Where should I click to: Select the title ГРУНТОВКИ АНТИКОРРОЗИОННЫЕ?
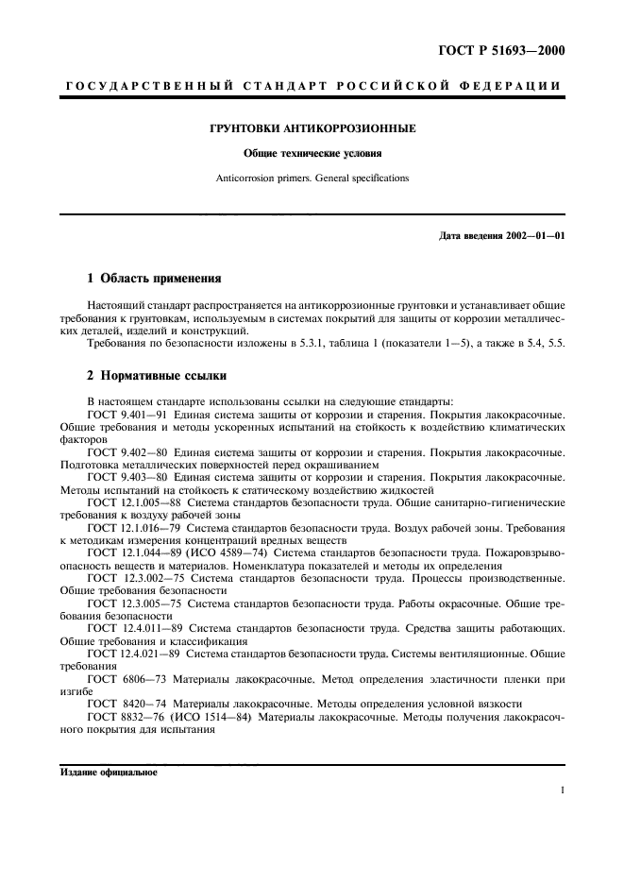[x=312, y=127]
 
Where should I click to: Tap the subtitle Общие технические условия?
[x=312, y=152]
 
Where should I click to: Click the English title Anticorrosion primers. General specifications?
[x=312, y=177]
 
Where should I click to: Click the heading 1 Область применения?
[x=153, y=279]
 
